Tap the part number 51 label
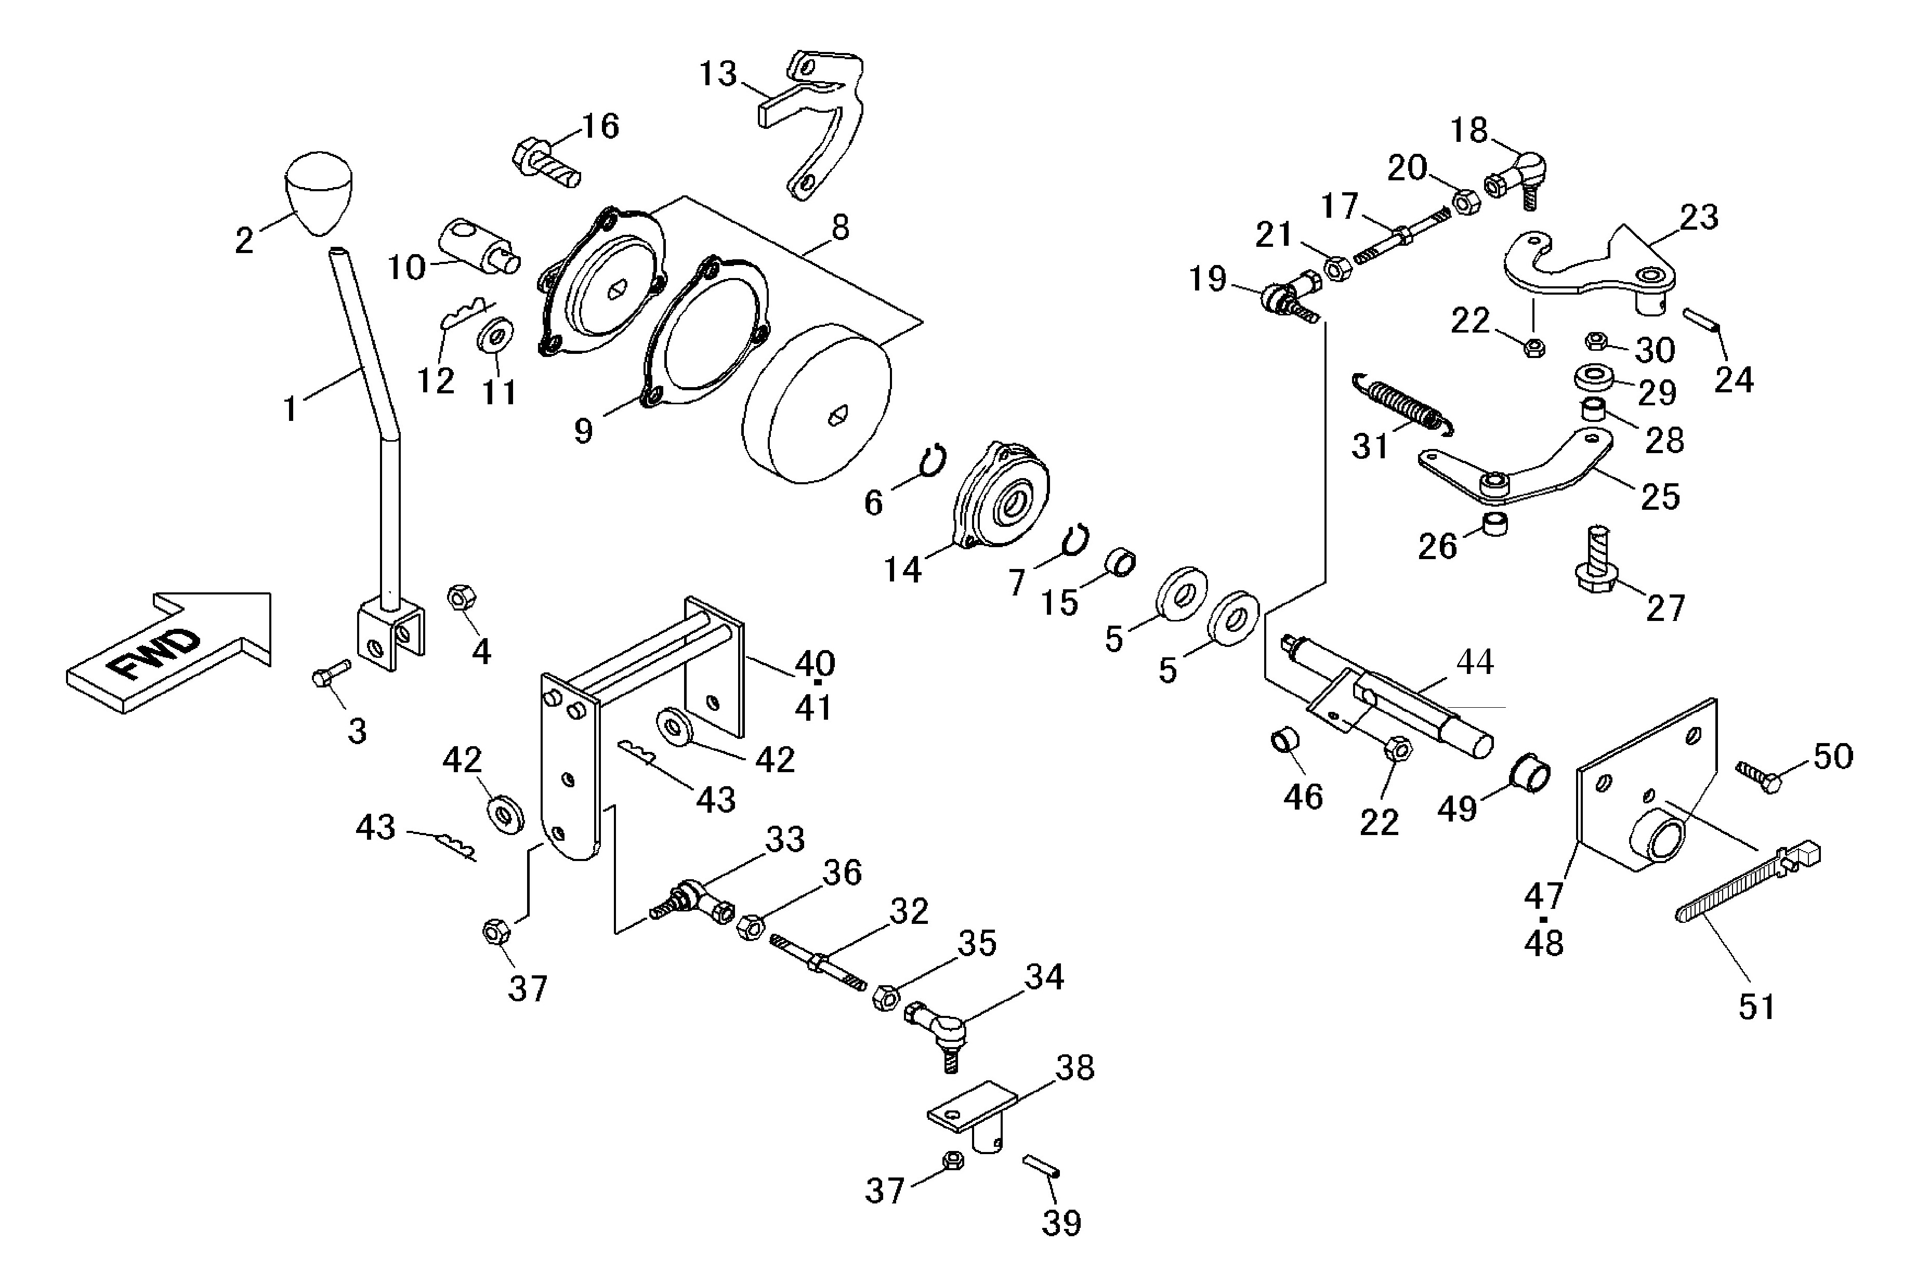[x=1757, y=1007]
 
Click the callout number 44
[x=1474, y=661]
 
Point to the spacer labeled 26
[x=1495, y=524]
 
